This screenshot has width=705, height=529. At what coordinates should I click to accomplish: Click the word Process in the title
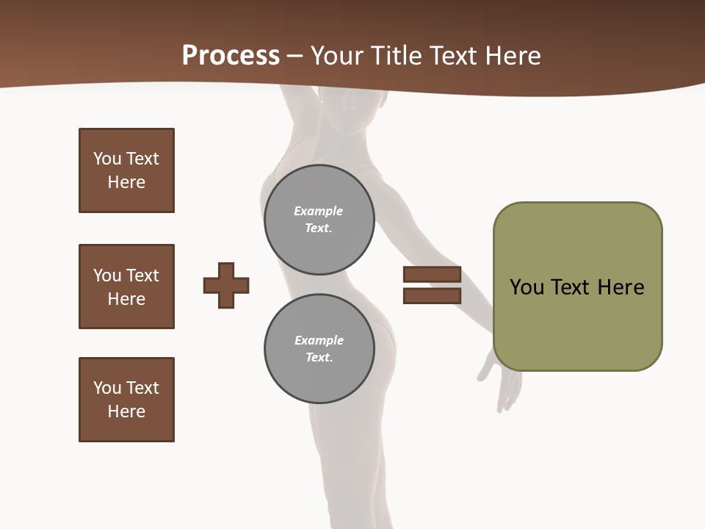(x=231, y=56)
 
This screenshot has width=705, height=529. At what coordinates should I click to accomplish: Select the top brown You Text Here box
(x=126, y=170)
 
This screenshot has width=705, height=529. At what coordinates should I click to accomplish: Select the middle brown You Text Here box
(x=126, y=287)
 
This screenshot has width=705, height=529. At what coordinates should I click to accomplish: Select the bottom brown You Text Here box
(x=126, y=400)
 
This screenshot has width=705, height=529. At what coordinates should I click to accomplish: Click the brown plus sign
(x=226, y=285)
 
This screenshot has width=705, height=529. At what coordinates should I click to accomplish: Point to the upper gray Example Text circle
(x=319, y=219)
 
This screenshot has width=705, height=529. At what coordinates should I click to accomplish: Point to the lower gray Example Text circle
(x=319, y=348)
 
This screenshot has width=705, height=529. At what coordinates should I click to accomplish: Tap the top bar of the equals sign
(x=432, y=275)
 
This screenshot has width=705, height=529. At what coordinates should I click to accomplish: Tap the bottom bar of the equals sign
(x=432, y=295)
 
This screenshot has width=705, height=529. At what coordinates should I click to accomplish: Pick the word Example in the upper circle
(x=318, y=211)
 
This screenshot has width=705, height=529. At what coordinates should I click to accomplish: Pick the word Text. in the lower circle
(x=319, y=357)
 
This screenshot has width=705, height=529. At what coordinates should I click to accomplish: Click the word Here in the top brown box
(x=126, y=182)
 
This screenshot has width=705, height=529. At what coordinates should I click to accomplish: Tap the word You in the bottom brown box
(x=107, y=388)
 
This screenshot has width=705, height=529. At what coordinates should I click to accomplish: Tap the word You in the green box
(x=527, y=287)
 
